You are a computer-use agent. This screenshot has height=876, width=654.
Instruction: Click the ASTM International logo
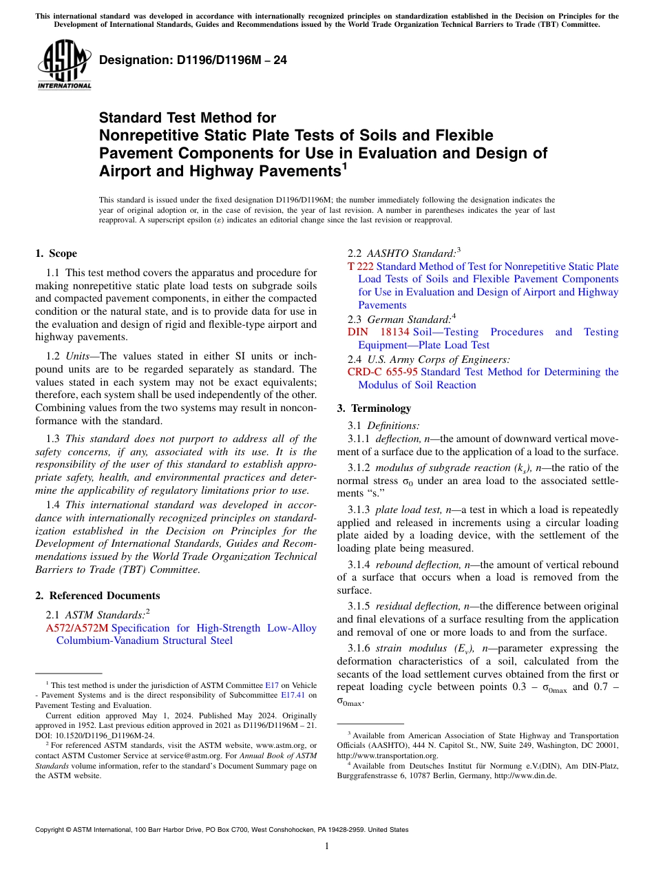pos(64,65)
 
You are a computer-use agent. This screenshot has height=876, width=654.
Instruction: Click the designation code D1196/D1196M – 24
pos(193,60)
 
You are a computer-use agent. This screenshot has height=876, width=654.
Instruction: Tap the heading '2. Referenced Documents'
pos(98,595)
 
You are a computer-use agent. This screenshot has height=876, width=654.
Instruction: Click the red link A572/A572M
pos(77,628)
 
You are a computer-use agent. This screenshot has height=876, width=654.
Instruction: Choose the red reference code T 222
pos(361,267)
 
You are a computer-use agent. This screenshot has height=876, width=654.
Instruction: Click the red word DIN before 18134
pos(358,332)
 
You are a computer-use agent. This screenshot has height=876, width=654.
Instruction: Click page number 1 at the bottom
pos(327,846)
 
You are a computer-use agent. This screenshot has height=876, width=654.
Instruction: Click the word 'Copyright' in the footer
pos(52,830)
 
